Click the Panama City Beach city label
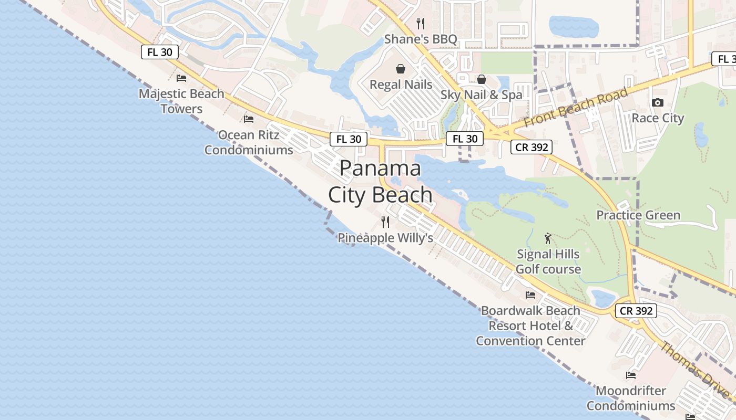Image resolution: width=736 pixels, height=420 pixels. tap(380, 182)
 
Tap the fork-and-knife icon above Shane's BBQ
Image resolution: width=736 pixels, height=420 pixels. tap(420, 23)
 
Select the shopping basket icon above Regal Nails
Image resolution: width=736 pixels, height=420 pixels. tap(401, 69)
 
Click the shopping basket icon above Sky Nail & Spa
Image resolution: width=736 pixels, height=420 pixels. tap(482, 79)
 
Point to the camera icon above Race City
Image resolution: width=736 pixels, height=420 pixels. tap(658, 102)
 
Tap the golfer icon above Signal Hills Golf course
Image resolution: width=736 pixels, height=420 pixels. tap(548, 238)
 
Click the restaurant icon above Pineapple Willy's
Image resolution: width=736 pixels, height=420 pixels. tap(385, 222)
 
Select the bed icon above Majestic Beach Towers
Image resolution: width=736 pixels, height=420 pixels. tap(181, 78)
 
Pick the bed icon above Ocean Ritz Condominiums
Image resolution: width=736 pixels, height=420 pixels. tap(249, 119)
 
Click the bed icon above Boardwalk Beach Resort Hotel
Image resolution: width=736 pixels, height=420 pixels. tap(530, 295)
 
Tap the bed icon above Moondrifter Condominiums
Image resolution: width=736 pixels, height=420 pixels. tap(631, 375)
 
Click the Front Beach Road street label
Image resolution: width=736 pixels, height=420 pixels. tap(576, 108)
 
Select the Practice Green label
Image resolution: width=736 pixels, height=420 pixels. tap(638, 215)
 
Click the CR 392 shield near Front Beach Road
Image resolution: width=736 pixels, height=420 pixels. tap(532, 148)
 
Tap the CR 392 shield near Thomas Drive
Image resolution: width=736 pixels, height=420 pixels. tap(636, 311)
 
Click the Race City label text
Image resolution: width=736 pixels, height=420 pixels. tap(658, 118)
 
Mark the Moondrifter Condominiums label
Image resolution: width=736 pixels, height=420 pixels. tap(631, 398)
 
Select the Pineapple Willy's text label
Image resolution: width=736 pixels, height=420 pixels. tap(385, 238)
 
